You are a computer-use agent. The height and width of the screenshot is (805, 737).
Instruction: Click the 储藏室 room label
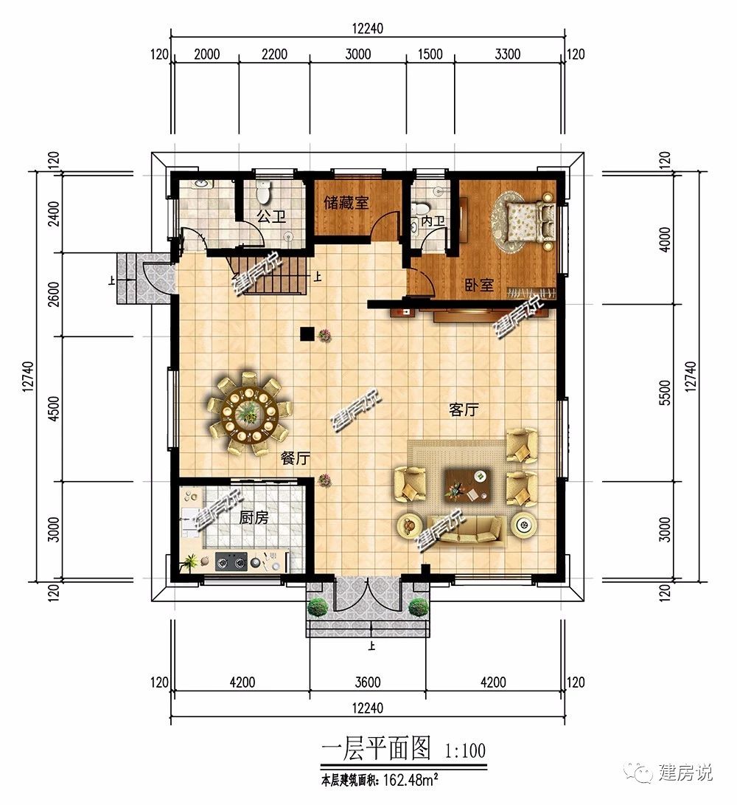tap(346, 203)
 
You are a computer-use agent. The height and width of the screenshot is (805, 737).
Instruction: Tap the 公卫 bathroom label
tap(271, 217)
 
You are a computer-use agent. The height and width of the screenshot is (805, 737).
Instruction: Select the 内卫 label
tap(433, 221)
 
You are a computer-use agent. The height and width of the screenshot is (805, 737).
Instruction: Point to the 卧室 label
tap(480, 284)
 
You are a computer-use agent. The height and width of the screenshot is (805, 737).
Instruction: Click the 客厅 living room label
tap(464, 410)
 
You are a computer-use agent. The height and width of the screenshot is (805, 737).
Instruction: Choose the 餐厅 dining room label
tap(296, 458)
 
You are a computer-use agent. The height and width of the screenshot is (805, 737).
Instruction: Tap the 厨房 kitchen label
tap(254, 517)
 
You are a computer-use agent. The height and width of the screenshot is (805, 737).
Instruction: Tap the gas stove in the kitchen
tap(231, 562)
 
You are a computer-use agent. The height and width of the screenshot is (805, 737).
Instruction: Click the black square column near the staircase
tap(307, 334)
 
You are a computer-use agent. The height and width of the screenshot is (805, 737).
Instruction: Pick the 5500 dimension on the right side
tap(665, 393)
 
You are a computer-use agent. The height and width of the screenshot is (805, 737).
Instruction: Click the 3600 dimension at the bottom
tap(368, 683)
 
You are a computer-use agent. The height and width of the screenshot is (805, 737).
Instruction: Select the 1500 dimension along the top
tap(430, 55)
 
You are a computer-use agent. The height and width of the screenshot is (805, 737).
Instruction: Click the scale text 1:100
tap(464, 750)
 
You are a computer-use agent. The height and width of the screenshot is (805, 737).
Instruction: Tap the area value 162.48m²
tap(410, 781)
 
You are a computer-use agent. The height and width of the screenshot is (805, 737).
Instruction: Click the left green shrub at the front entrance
tap(318, 607)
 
